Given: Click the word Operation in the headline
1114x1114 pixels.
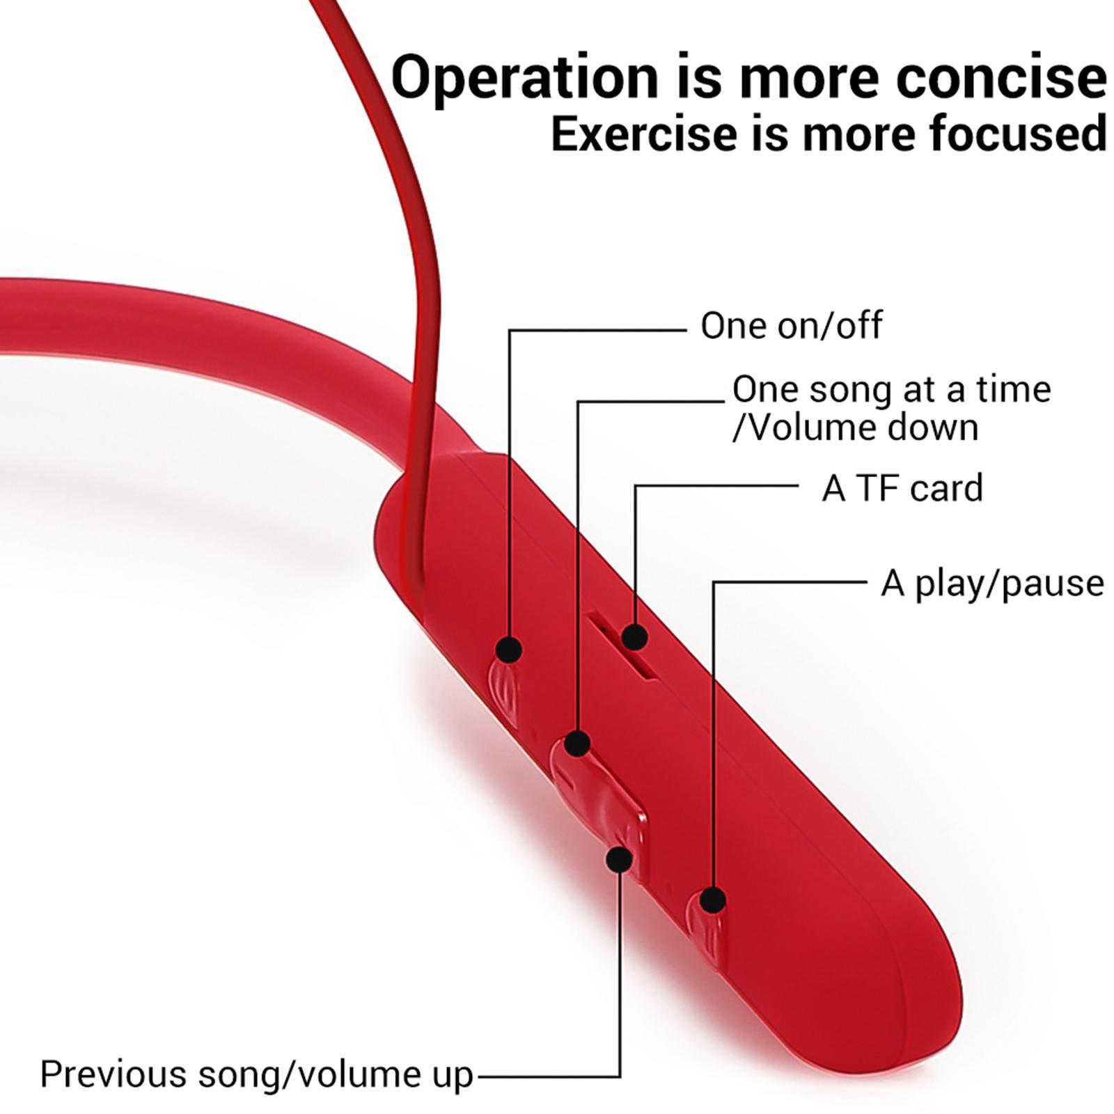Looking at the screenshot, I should (524, 78).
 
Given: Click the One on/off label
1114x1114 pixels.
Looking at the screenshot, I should (791, 325).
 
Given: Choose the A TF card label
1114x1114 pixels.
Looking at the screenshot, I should (902, 487).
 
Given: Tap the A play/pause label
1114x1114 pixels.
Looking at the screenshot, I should (992, 583).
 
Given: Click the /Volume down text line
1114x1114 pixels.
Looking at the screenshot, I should (856, 427).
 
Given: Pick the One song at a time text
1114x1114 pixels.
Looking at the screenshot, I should (891, 389).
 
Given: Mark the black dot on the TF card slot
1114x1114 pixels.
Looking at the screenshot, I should (634, 636).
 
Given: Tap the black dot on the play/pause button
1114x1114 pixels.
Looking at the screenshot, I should (712, 900).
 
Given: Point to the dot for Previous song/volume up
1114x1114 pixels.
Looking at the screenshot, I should (619, 858).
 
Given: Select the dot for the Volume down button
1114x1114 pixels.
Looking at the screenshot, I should (577, 743).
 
